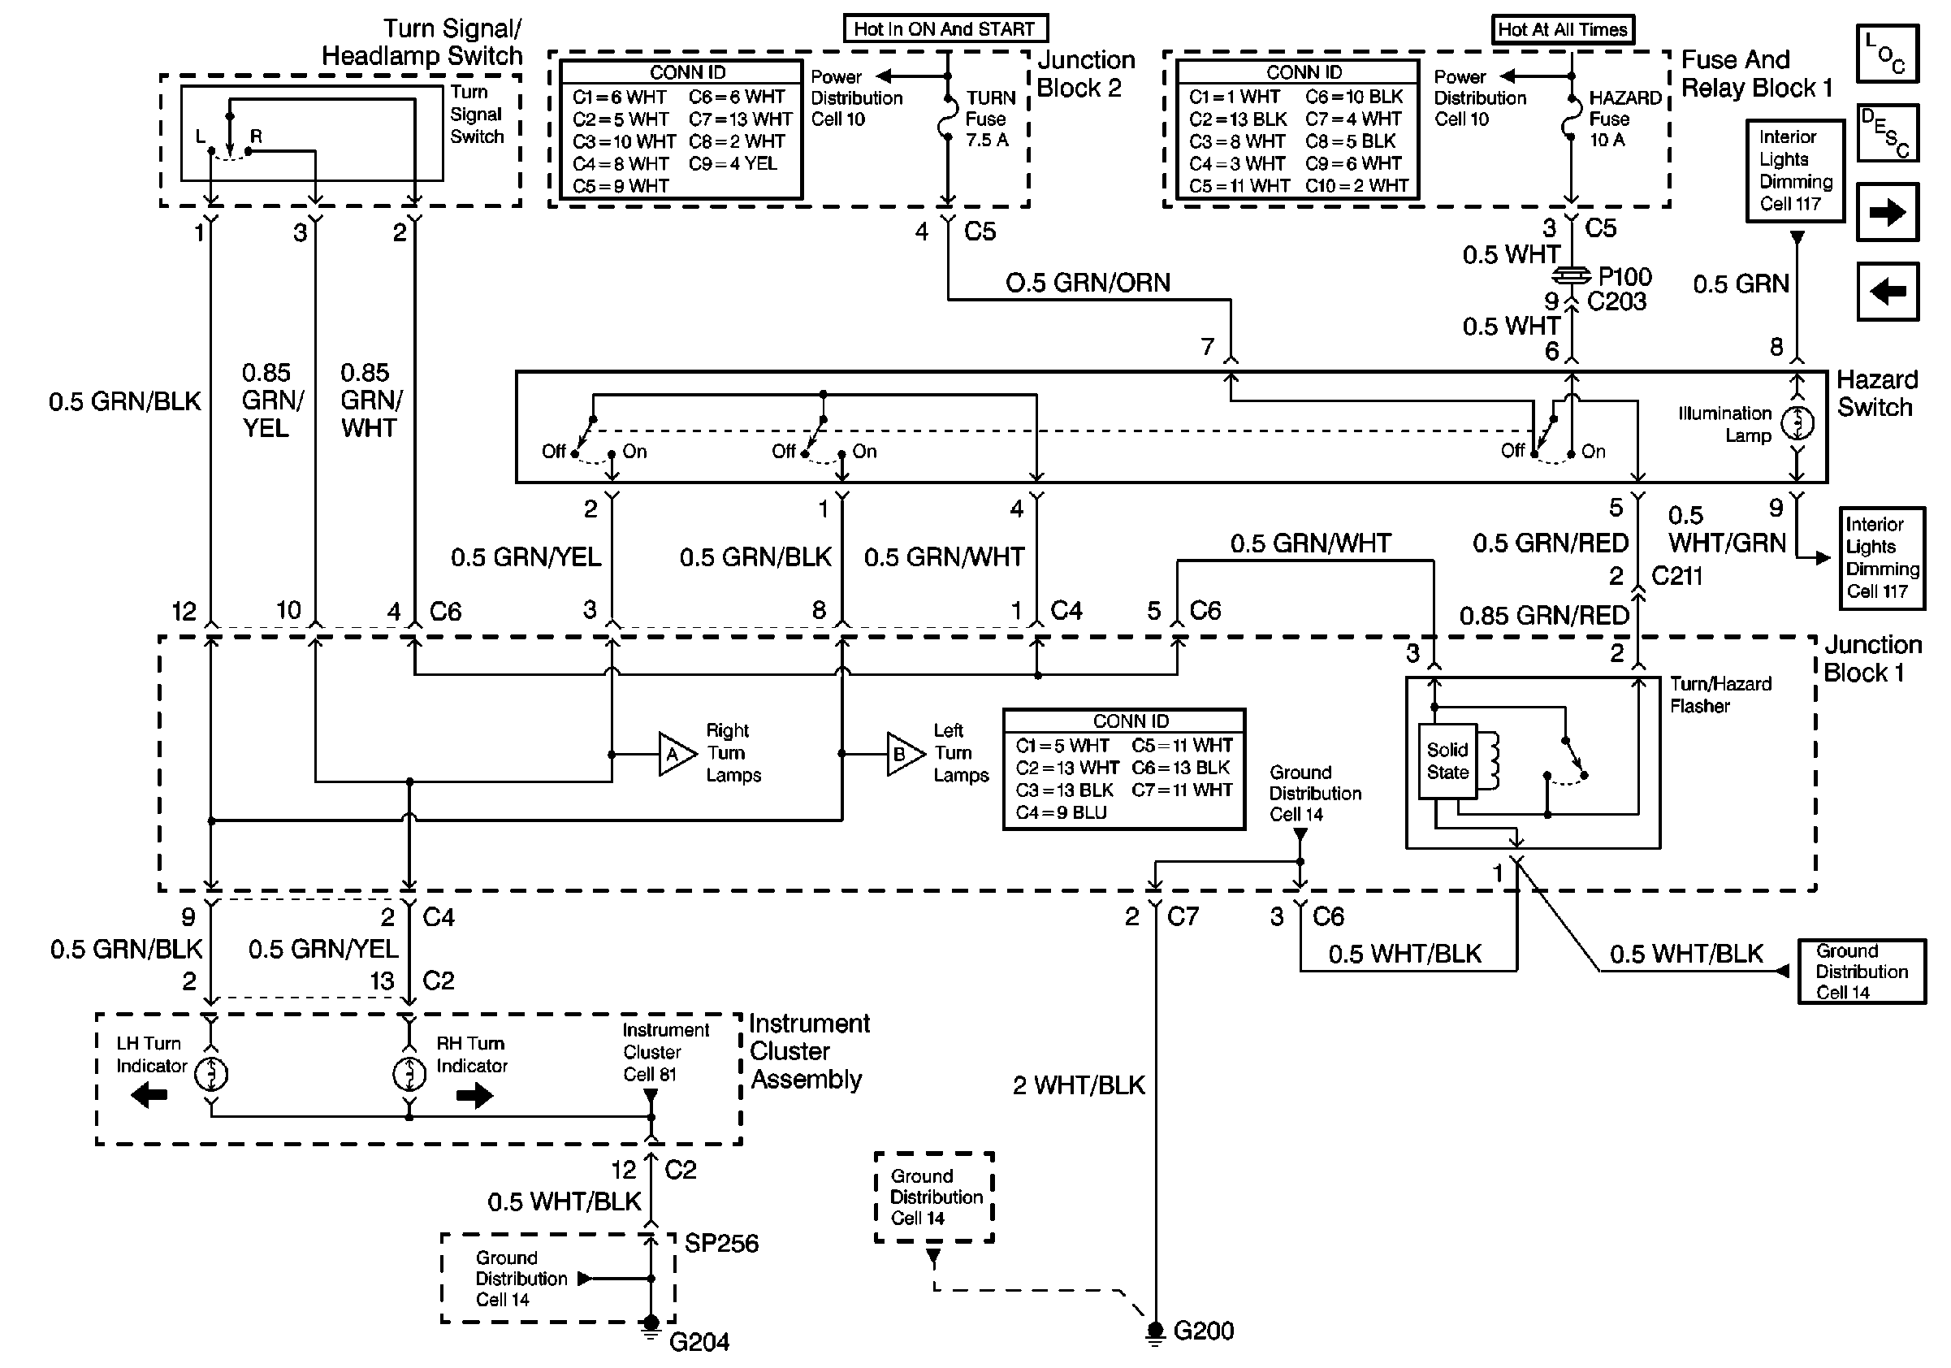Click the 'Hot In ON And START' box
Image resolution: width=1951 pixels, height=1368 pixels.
(x=944, y=29)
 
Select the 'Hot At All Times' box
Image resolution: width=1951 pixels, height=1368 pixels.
(x=1562, y=30)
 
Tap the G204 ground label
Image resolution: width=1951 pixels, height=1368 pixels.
(x=699, y=1342)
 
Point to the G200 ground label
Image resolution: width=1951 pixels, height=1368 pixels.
(x=1202, y=1331)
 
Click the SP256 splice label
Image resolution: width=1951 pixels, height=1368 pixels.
(x=720, y=1243)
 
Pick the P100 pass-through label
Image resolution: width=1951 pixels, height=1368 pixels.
(x=1624, y=276)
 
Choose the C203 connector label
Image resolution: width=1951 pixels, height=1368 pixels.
(x=1616, y=301)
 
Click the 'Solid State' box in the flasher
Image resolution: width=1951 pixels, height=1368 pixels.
(x=1447, y=761)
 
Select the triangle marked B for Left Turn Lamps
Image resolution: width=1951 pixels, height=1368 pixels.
(x=903, y=754)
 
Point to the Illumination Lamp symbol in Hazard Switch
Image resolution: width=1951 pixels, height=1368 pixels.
(x=1797, y=423)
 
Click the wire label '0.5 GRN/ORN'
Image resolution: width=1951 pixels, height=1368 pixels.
(x=1087, y=283)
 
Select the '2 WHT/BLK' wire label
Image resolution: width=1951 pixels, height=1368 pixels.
(x=1079, y=1085)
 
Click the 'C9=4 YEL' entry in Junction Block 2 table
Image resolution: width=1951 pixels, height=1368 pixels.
(x=733, y=163)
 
